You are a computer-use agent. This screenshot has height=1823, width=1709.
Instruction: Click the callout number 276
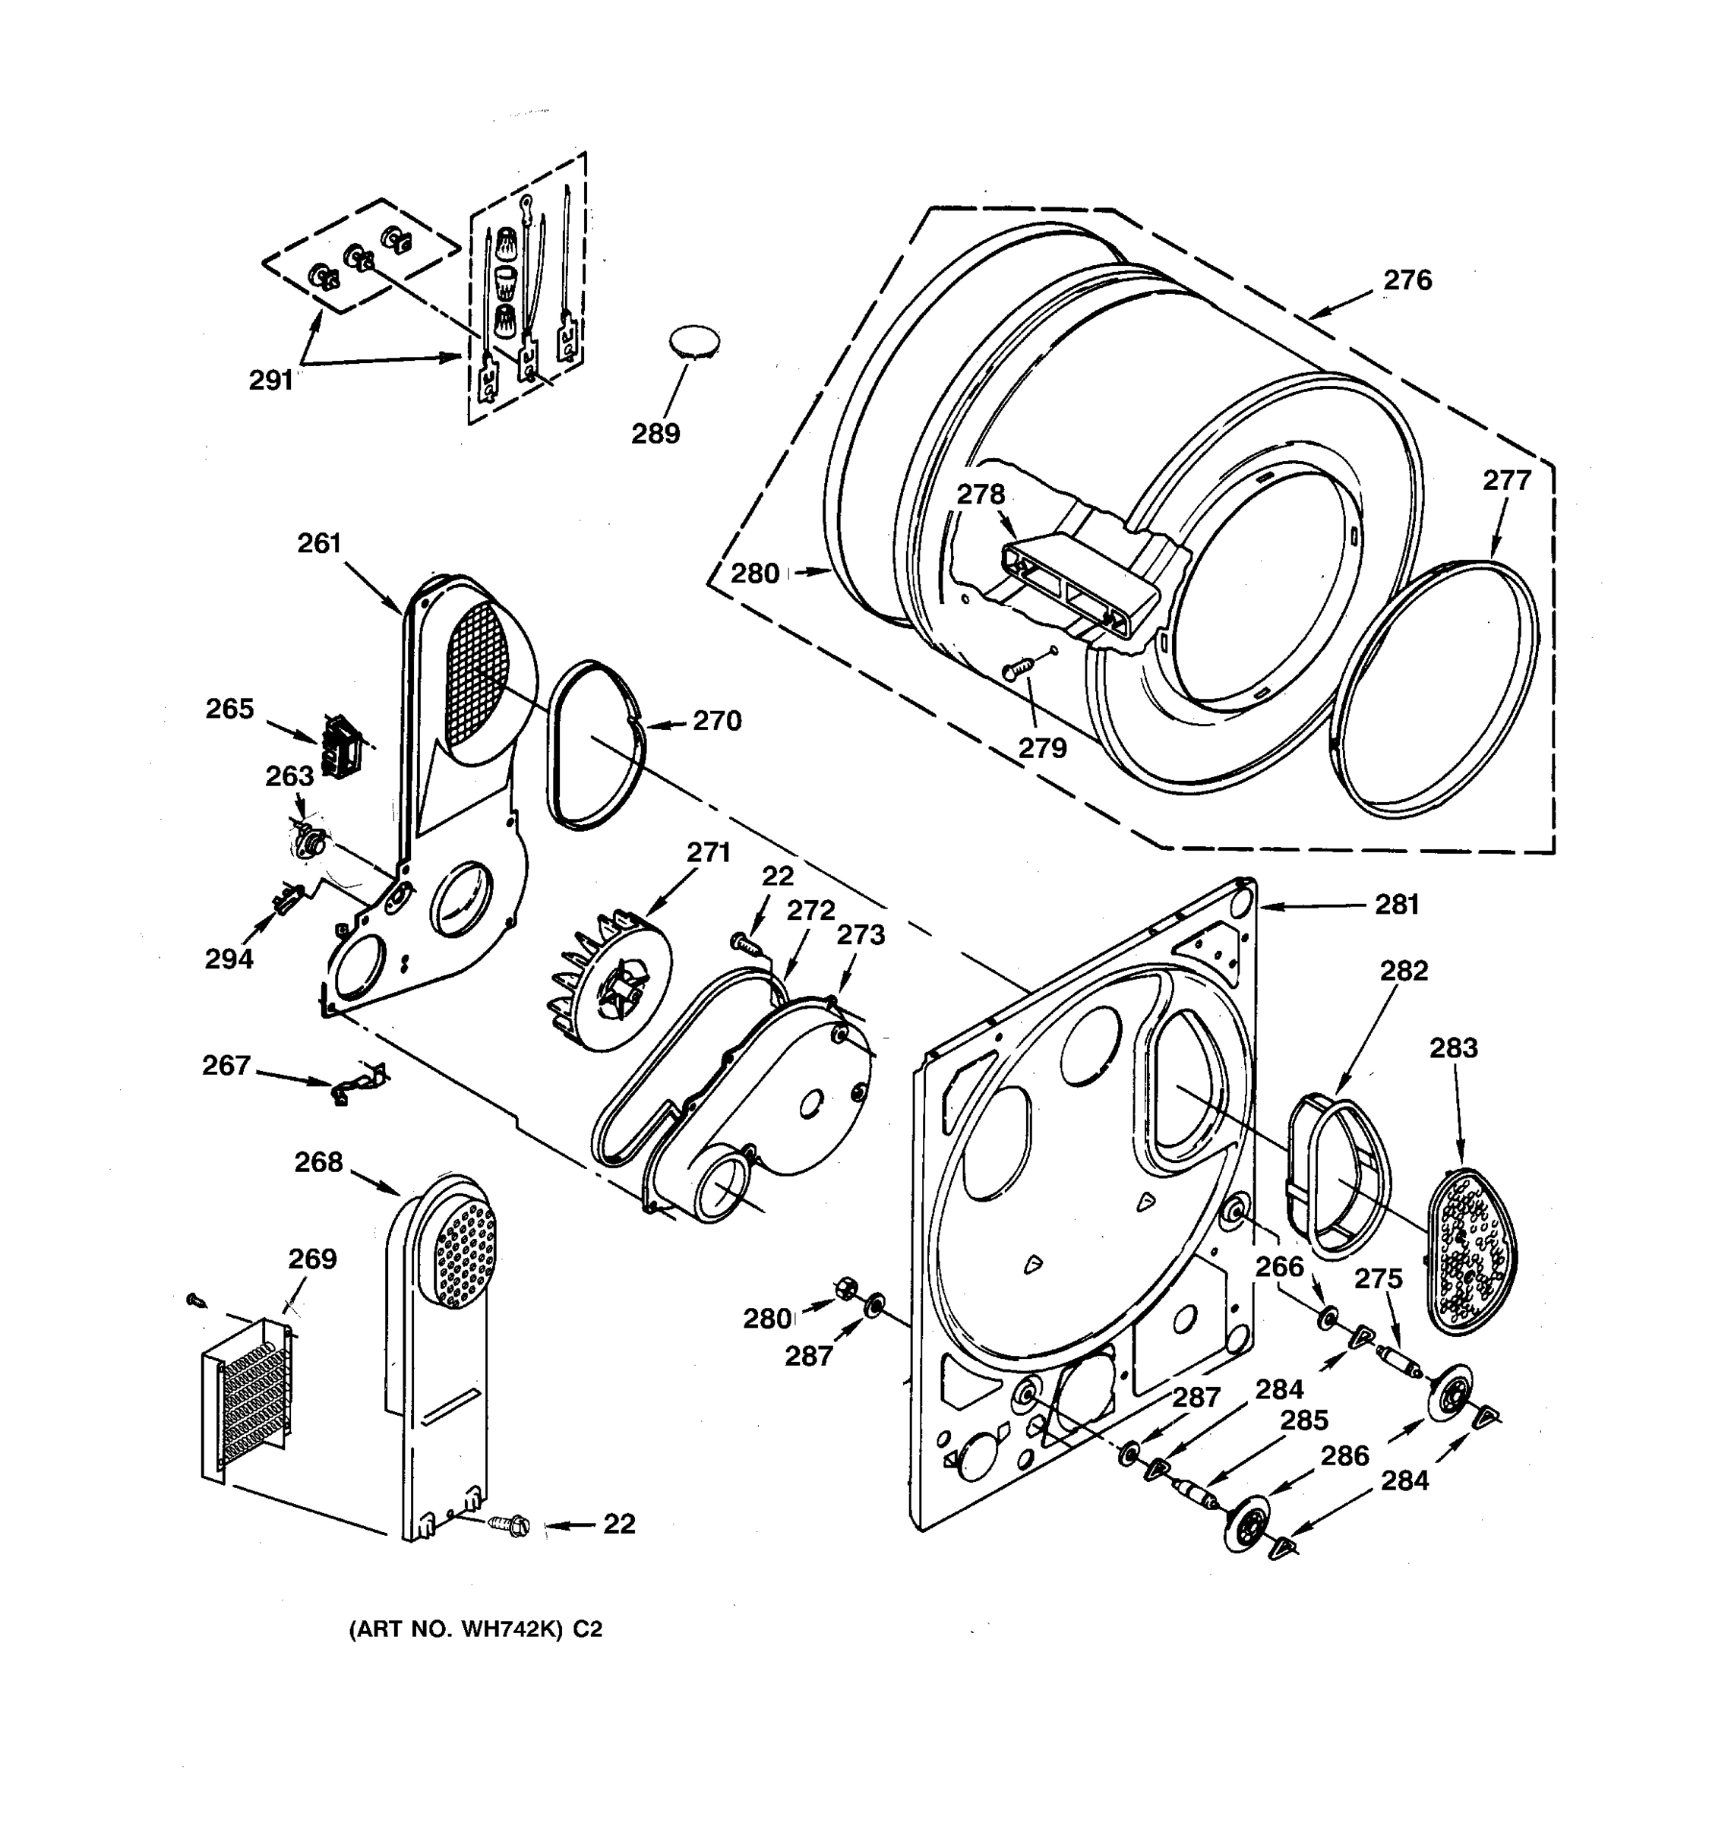pyautogui.click(x=1407, y=280)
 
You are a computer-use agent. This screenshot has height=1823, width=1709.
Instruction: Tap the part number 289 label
pyautogui.click(x=655, y=433)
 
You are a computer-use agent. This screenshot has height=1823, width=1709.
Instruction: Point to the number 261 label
pyautogui.click(x=319, y=543)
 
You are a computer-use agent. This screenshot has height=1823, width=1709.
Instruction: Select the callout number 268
pyautogui.click(x=318, y=1162)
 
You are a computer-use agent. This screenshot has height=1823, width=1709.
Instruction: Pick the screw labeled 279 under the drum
pyautogui.click(x=1019, y=668)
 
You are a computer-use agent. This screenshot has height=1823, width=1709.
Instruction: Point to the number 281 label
pyautogui.click(x=1396, y=905)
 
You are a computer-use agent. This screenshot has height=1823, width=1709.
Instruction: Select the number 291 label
pyautogui.click(x=271, y=380)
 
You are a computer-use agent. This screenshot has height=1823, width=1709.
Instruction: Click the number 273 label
pyautogui.click(x=860, y=934)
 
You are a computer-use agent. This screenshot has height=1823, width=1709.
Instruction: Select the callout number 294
pyautogui.click(x=229, y=959)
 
